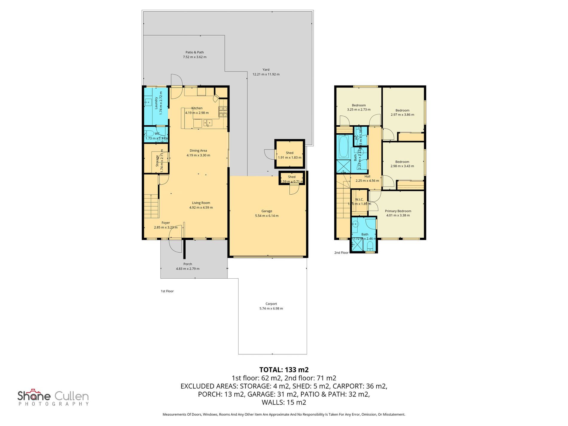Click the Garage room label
click(x=267, y=211)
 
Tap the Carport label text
click(x=271, y=304)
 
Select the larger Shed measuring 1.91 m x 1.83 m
click(x=289, y=155)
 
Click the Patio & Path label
click(x=195, y=52)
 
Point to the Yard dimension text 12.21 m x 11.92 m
click(x=266, y=74)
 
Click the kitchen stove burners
click(x=223, y=112)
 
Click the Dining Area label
click(x=198, y=151)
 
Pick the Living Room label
click(x=201, y=203)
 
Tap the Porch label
click(x=188, y=264)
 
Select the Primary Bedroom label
click(x=398, y=211)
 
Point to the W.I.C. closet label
click(x=359, y=200)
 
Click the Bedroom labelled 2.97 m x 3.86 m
click(x=402, y=112)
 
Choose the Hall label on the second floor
click(x=367, y=176)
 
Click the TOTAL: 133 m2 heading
click(x=284, y=369)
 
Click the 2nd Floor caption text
click(x=341, y=253)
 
